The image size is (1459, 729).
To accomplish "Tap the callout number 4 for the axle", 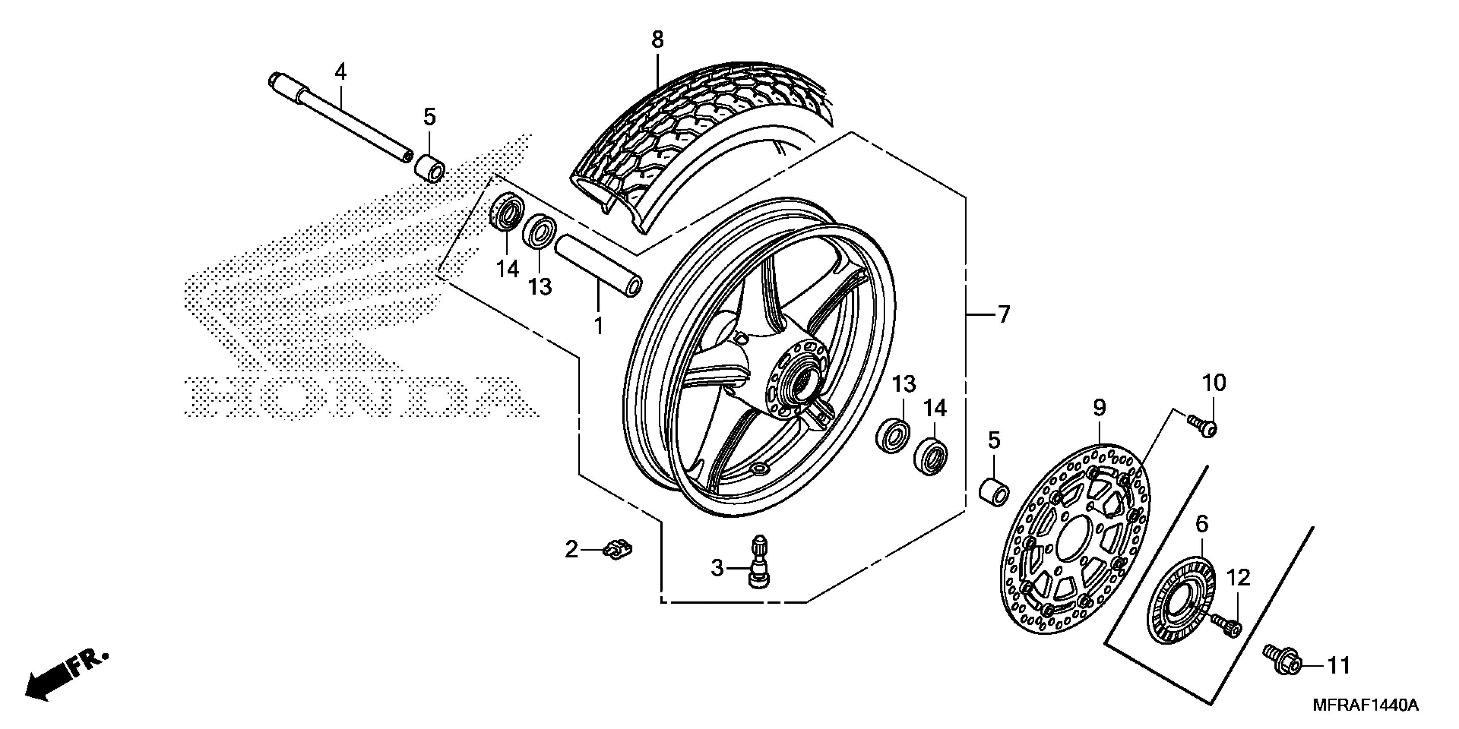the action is pos(340,72).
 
